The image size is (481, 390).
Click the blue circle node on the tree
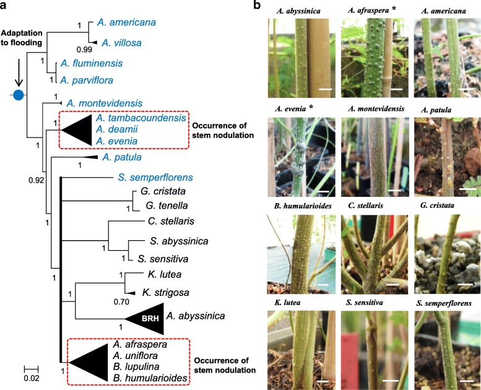(18, 95)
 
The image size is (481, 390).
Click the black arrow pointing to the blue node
(18, 71)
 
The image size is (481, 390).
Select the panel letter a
(6, 7)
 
